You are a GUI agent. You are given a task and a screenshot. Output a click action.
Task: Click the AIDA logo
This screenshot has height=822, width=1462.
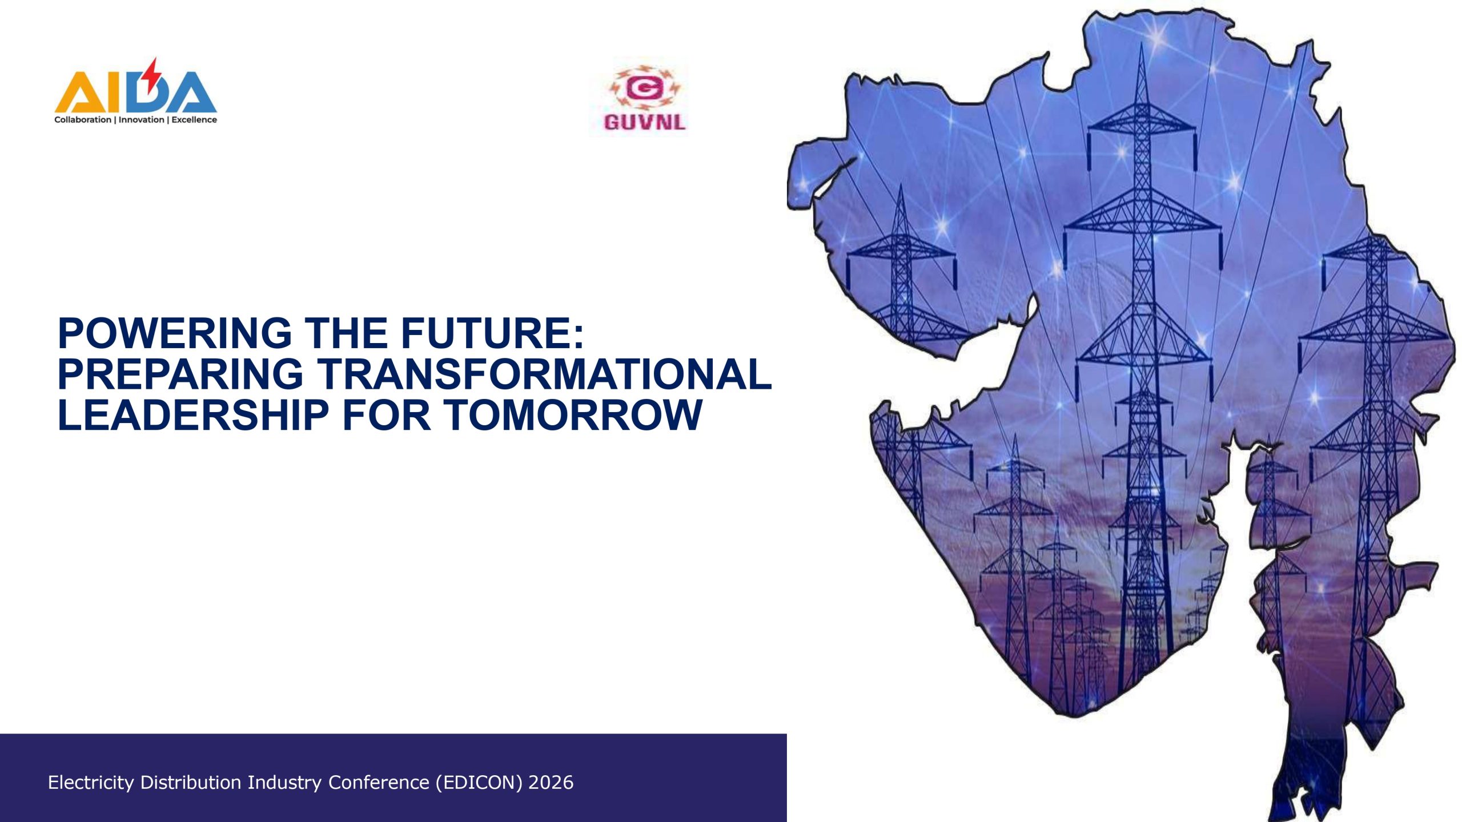click(135, 91)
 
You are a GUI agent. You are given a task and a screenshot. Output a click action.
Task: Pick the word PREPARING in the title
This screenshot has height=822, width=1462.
click(180, 374)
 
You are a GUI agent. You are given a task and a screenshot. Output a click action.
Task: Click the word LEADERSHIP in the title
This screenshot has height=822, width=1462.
click(194, 414)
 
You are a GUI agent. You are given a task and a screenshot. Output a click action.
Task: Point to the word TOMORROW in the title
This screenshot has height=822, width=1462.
click(573, 414)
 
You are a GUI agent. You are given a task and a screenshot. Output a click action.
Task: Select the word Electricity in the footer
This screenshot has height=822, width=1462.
click(91, 783)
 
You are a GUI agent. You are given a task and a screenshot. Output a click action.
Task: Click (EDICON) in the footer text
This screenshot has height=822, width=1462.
click(479, 783)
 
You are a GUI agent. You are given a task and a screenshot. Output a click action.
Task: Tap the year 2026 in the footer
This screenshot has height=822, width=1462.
click(551, 783)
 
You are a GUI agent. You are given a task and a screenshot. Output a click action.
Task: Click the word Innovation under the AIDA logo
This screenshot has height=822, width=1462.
click(141, 120)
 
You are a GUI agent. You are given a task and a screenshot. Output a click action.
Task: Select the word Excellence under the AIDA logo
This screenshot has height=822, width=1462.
click(194, 120)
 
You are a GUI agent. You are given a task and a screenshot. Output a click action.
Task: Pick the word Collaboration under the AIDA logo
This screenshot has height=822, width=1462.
click(83, 120)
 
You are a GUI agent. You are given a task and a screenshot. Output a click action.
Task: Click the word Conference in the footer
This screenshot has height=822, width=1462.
click(379, 783)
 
